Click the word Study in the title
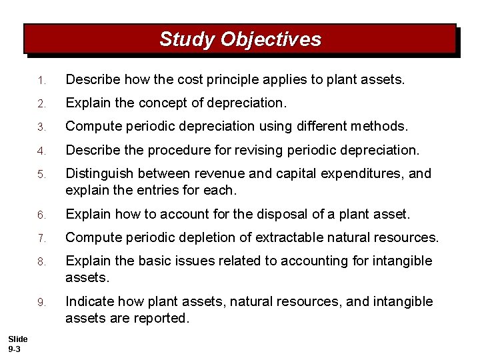[x=187, y=39]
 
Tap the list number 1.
[x=41, y=81]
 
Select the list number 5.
[x=41, y=175]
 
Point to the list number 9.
[x=41, y=303]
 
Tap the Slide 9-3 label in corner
[x=17, y=345]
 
